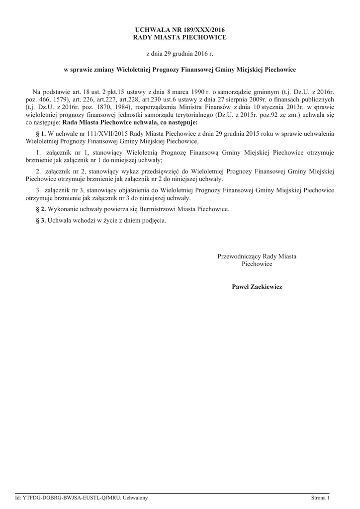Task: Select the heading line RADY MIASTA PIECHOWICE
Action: [x=180, y=37]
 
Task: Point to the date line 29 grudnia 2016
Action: [x=180, y=53]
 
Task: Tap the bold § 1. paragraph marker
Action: [x=41, y=134]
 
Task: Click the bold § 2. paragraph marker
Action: [x=41, y=209]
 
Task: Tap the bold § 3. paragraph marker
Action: [x=41, y=220]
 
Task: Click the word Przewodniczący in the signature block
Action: [x=239, y=256]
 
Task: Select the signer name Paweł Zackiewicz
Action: [x=257, y=287]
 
